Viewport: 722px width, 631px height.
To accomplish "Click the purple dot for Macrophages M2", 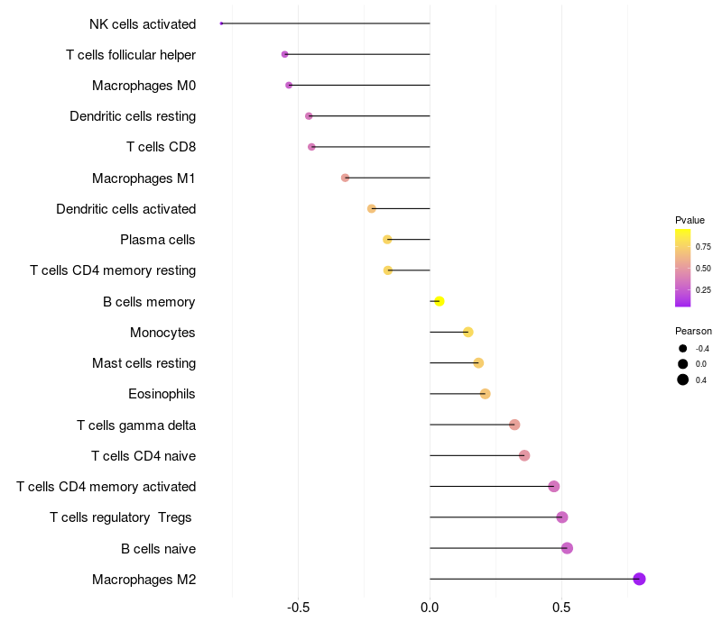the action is (639, 579).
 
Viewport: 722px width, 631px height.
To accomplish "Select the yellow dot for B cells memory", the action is (440, 301).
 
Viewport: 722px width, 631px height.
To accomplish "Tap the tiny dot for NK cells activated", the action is (221, 23).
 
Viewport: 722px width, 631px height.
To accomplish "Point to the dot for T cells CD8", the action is (311, 147).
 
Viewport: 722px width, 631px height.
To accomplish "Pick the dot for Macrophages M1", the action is (346, 178).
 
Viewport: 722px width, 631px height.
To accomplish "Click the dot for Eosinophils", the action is (485, 394).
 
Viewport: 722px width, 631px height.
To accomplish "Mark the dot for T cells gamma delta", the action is (514, 425).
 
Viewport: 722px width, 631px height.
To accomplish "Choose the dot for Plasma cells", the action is (387, 240).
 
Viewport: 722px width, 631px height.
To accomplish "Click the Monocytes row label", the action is (162, 333).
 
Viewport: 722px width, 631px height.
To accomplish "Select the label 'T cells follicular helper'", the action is (131, 55).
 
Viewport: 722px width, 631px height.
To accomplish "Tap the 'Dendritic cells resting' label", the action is (133, 116).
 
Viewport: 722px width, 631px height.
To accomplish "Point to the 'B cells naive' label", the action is (159, 549).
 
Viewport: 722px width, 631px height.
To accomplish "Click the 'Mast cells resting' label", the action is (144, 363).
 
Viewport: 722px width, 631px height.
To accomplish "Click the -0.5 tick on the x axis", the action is (298, 608).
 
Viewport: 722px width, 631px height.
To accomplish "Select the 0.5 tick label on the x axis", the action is (561, 608).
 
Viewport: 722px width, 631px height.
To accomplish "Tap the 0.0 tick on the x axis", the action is (430, 608).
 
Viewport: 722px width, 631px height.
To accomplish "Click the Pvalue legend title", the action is (690, 220).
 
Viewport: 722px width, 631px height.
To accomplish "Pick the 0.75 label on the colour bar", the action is (703, 247).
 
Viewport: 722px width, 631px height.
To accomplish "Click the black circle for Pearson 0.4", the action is (683, 380).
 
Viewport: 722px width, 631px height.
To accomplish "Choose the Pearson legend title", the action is (693, 331).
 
